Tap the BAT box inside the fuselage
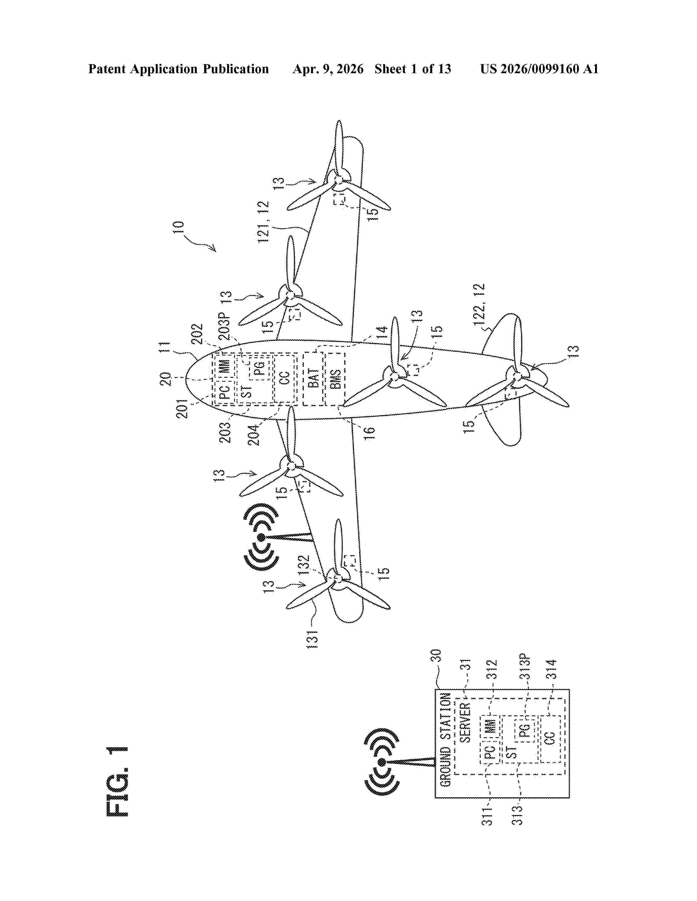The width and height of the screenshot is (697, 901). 314,379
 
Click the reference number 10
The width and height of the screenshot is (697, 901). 178,228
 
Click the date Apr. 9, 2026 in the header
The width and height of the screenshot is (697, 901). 328,69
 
